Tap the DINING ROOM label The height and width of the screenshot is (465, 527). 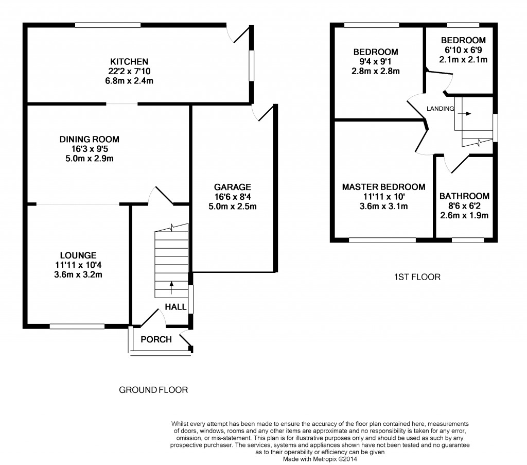tap(90, 139)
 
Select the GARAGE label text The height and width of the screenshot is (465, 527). tap(233, 187)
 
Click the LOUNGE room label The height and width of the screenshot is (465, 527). tap(78, 255)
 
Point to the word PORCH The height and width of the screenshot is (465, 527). tap(156, 339)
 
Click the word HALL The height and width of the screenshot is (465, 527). tap(175, 307)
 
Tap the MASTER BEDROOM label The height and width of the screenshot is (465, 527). tap(384, 187)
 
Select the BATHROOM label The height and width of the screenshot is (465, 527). tap(464, 196)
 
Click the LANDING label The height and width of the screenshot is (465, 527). tap(440, 109)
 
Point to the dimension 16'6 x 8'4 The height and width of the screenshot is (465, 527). tap(233, 197)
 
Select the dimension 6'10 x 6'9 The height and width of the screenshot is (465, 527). tap(463, 50)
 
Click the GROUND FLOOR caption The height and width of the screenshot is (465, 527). tap(153, 390)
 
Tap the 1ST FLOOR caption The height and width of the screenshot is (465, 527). tap(417, 277)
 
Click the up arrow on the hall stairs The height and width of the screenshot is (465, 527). tap(171, 286)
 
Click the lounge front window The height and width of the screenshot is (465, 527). tap(77, 326)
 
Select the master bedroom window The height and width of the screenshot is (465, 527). tap(382, 239)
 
